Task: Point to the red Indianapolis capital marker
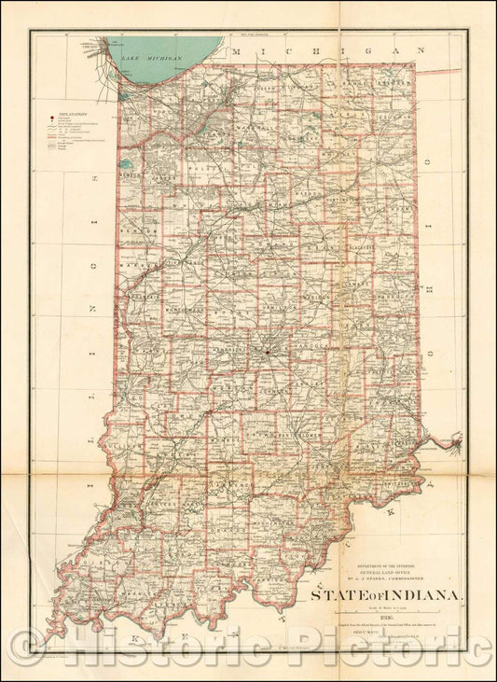pos(267,352)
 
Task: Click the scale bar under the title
pos(379,619)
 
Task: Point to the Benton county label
pos(142,229)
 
